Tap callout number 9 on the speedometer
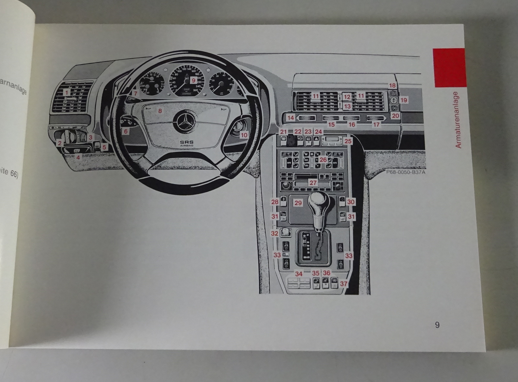[x=193, y=80]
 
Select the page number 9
[x=437, y=325]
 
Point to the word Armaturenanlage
[x=458, y=120]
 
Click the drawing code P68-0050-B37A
[x=405, y=172]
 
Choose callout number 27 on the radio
[x=313, y=183]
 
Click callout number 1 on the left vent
[x=67, y=93]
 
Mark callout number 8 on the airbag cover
[x=160, y=111]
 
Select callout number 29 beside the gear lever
[x=298, y=203]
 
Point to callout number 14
[x=291, y=118]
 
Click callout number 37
[x=343, y=284]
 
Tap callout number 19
[x=403, y=100]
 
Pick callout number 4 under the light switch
[x=78, y=158]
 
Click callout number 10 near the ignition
[x=244, y=135]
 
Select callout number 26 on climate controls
[x=323, y=160]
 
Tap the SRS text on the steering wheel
[x=185, y=143]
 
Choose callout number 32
[x=275, y=233]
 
